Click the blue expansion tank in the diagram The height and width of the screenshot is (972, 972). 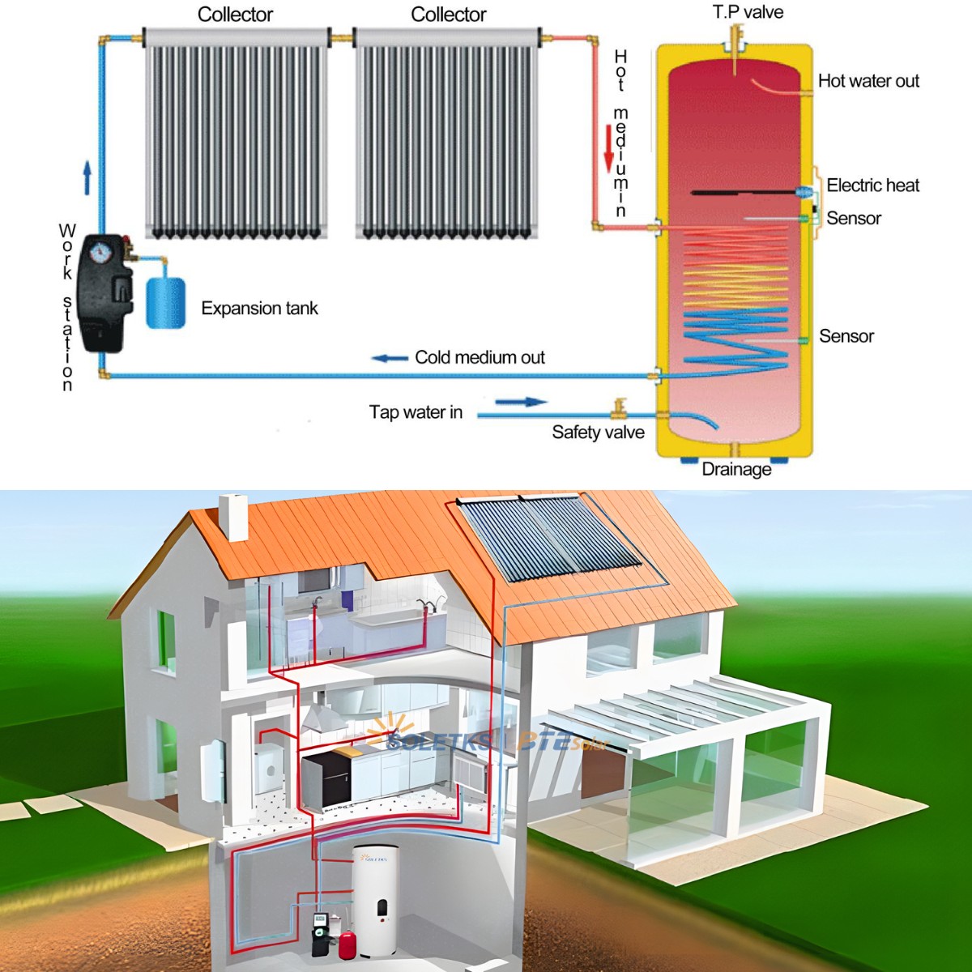165,301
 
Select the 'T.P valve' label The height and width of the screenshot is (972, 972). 748,12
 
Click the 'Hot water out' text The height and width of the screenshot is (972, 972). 868,81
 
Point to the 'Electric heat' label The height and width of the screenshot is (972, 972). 872,185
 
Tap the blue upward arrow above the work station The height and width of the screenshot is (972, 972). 87,177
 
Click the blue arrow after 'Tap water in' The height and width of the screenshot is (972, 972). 521,402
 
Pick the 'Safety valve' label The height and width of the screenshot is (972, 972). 598,433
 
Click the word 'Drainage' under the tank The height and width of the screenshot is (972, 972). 736,469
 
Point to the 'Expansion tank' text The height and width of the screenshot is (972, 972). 259,309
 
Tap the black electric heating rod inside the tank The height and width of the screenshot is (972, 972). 745,193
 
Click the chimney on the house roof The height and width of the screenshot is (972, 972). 233,516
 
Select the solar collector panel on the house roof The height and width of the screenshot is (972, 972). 550,539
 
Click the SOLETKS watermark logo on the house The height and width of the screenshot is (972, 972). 437,739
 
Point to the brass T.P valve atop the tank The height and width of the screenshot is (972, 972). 735,39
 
